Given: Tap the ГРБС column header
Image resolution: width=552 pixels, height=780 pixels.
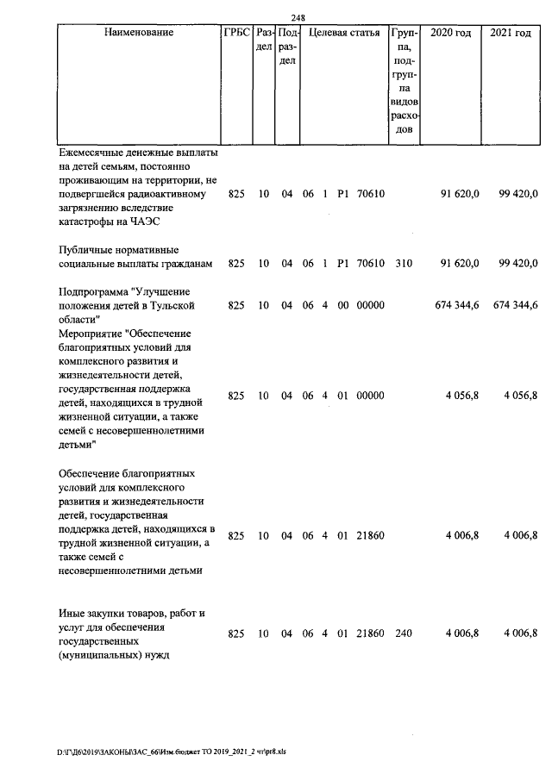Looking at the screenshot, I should (236, 33).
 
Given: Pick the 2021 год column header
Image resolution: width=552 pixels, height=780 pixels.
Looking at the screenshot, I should (511, 33).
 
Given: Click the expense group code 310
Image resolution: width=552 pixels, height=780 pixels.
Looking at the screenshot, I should (404, 263).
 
